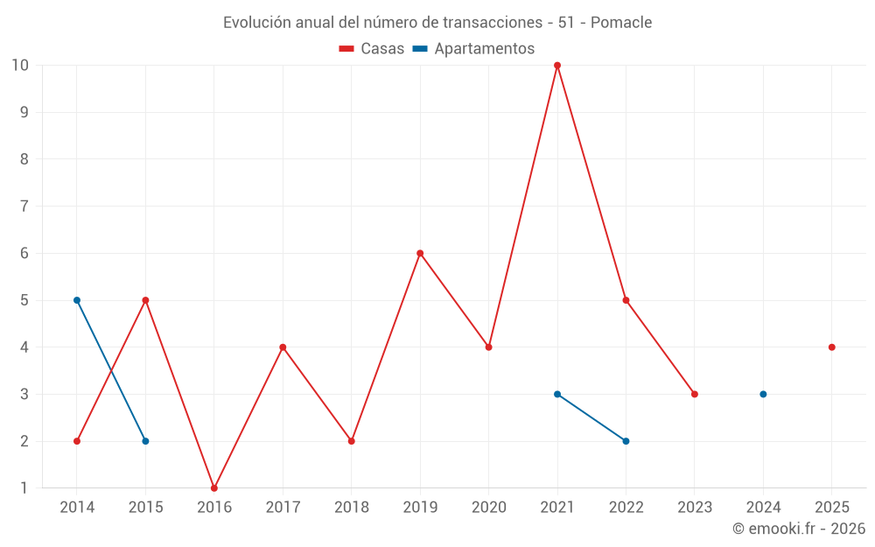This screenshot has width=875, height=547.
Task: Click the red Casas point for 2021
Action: (557, 66)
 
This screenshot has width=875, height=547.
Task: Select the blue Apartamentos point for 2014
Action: (77, 300)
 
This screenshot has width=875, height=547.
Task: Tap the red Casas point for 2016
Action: (214, 487)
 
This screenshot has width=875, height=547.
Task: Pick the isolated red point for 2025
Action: (831, 347)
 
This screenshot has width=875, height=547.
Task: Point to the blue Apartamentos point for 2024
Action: (763, 394)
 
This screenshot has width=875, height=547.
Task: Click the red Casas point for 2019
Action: (420, 254)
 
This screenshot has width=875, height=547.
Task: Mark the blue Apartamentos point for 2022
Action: (626, 441)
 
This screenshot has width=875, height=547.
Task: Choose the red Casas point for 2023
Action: (695, 394)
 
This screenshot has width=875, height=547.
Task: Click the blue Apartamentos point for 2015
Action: (145, 441)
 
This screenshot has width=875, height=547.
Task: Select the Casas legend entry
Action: (372, 49)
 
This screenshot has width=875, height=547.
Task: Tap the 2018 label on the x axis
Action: (352, 507)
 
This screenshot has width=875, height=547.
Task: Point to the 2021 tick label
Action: (557, 507)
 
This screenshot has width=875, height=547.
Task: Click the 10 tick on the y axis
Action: (20, 66)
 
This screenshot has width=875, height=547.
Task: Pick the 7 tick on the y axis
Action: (24, 207)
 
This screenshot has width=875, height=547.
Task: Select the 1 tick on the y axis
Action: (24, 487)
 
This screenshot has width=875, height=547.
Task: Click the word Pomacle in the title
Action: (621, 23)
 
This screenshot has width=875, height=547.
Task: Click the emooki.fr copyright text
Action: (799, 529)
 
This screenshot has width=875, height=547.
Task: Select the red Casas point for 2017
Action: (283, 347)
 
